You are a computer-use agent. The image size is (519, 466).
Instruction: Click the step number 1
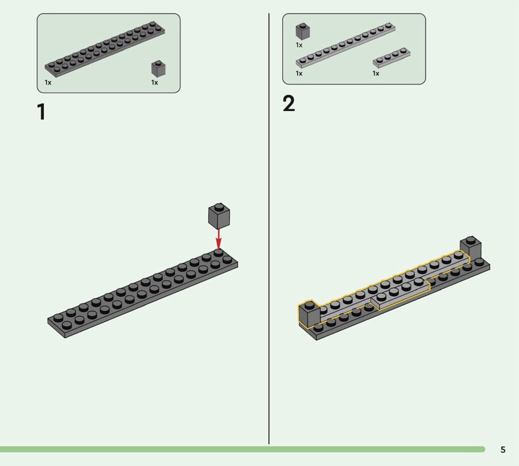click(42, 112)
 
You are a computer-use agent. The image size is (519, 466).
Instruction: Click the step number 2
click(289, 104)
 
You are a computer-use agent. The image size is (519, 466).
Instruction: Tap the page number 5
click(503, 449)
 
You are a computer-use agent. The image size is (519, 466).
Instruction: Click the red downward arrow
click(219, 239)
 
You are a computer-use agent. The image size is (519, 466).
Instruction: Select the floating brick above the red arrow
click(219, 215)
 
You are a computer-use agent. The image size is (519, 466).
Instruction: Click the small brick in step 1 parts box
click(158, 68)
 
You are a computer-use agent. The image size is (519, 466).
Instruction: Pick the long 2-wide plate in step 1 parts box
click(105, 49)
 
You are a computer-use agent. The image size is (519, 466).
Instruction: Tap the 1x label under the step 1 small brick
click(154, 82)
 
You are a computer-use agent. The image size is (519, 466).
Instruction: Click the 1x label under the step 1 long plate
click(48, 82)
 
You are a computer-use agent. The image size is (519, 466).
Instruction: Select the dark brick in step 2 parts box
click(302, 31)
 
